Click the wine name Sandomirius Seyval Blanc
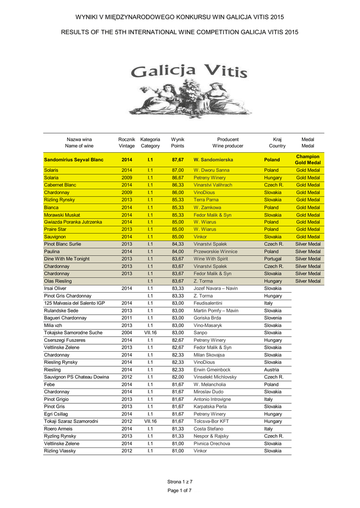pyautogui.click(x=73, y=160)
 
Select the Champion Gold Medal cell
pyautogui.click(x=307, y=160)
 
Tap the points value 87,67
pyautogui.click(x=177, y=160)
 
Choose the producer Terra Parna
pyautogui.click(x=206, y=200)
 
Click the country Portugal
pyautogui.click(x=273, y=259)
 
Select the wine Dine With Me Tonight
pyautogui.click(x=67, y=259)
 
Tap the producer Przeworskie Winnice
pyautogui.click(x=216, y=252)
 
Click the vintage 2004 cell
pyautogui.click(x=127, y=333)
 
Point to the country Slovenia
pyautogui.click(x=273, y=318)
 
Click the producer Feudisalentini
pyautogui.click(x=208, y=303)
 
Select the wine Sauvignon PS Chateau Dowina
pyautogui.click(x=76, y=377)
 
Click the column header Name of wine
pyautogui.click(x=79, y=146)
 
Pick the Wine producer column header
pyautogui.click(x=228, y=146)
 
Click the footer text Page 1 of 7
pyautogui.click(x=180, y=491)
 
